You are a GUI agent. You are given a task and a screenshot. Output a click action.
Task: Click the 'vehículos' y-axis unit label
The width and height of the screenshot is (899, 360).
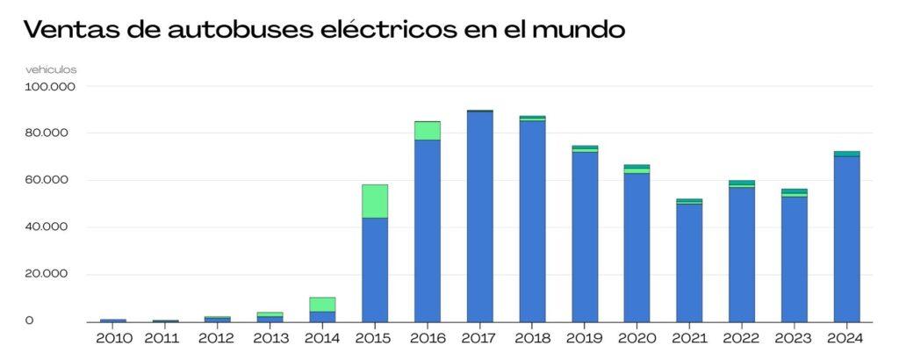[50, 68]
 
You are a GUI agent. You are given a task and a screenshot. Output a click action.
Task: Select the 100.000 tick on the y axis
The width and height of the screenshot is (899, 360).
[52, 87]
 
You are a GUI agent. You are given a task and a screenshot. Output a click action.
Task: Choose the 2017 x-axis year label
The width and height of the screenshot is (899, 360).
[479, 338]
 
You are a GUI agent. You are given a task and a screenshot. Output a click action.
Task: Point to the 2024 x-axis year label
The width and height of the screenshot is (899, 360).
[846, 338]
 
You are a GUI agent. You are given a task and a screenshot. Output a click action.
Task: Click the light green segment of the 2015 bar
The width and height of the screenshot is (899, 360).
[375, 201]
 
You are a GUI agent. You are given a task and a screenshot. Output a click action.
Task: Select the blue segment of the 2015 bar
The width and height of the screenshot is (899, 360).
[375, 269]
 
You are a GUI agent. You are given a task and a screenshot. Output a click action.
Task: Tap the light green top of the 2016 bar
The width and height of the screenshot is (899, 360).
[428, 130]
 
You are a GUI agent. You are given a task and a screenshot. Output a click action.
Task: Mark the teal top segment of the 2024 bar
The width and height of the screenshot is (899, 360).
[846, 154]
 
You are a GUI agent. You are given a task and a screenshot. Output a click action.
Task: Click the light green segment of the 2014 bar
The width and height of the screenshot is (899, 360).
[322, 304]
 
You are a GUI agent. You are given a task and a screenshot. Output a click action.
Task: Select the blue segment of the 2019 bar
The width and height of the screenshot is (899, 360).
[585, 236]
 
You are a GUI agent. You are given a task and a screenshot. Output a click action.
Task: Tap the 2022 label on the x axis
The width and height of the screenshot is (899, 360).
[742, 338]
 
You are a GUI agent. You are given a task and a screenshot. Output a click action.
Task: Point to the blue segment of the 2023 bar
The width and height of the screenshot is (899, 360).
[795, 259]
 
